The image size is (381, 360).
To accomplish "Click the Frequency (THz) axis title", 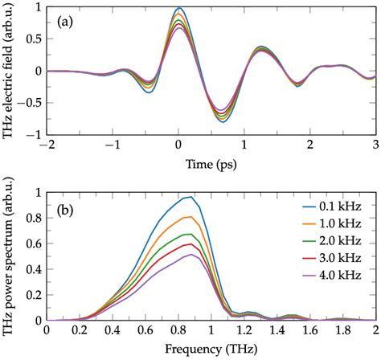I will pos(211,350).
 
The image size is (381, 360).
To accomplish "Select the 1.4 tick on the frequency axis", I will pos(277,332).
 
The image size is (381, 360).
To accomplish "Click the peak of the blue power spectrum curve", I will pos(190,197).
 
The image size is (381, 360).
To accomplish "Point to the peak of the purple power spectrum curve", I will pos(190,255).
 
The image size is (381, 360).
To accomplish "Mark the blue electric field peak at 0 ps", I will pos(178,9).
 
